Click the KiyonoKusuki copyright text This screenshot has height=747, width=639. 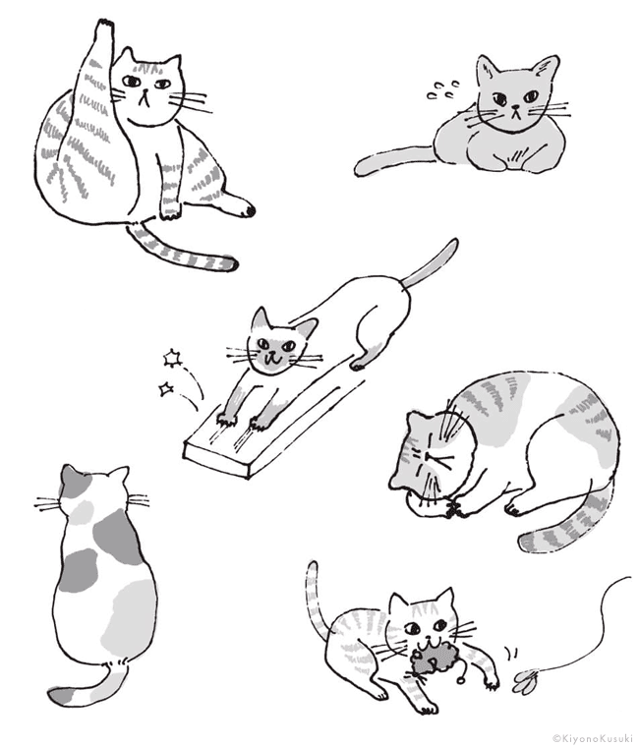[593, 738]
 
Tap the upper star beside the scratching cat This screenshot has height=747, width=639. [172, 358]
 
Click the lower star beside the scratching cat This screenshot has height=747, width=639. [166, 389]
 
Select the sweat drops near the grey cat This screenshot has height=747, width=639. [443, 90]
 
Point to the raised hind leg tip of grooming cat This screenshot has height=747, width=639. [105, 25]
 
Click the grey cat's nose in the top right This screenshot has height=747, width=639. [514, 107]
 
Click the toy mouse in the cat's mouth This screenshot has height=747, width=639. [433, 658]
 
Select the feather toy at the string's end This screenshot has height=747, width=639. [526, 681]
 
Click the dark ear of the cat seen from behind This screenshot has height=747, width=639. [69, 477]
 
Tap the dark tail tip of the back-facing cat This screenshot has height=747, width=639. [60, 696]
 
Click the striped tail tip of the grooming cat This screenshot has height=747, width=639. [230, 263]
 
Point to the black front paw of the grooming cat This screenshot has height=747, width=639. [248, 209]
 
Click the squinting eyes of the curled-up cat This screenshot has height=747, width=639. [430, 458]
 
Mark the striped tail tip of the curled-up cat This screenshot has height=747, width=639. [529, 543]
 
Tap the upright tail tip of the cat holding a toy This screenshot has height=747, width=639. [312, 567]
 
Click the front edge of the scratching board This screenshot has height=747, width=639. [217, 460]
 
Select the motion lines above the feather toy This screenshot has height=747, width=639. [512, 652]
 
